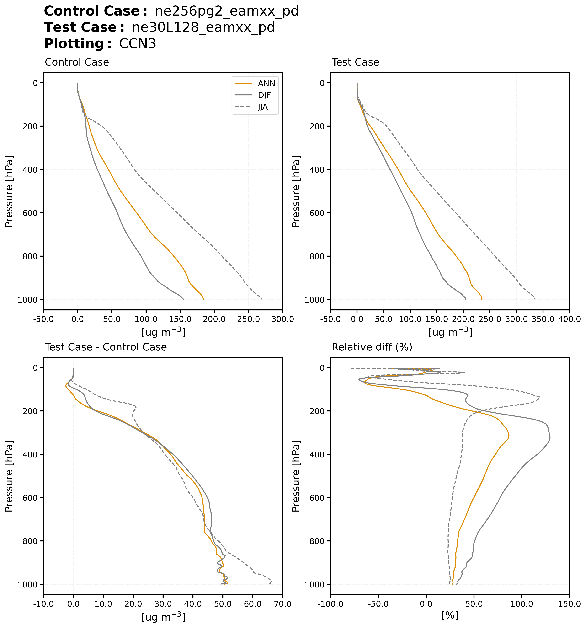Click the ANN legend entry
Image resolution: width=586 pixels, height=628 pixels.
(266, 83)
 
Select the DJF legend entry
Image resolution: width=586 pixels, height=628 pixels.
(264, 95)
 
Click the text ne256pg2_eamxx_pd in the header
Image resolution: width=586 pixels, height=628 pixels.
(227, 11)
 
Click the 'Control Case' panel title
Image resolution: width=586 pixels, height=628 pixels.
(77, 62)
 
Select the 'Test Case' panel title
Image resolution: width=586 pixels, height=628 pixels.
(355, 62)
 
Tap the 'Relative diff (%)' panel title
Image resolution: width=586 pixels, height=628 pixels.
(372, 347)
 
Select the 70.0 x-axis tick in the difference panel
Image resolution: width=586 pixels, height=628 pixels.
(282, 604)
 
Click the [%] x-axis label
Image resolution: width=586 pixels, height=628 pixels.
(450, 615)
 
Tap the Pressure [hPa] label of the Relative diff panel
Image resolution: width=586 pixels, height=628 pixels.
(296, 476)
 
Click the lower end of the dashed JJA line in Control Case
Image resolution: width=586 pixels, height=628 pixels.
(262, 299)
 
